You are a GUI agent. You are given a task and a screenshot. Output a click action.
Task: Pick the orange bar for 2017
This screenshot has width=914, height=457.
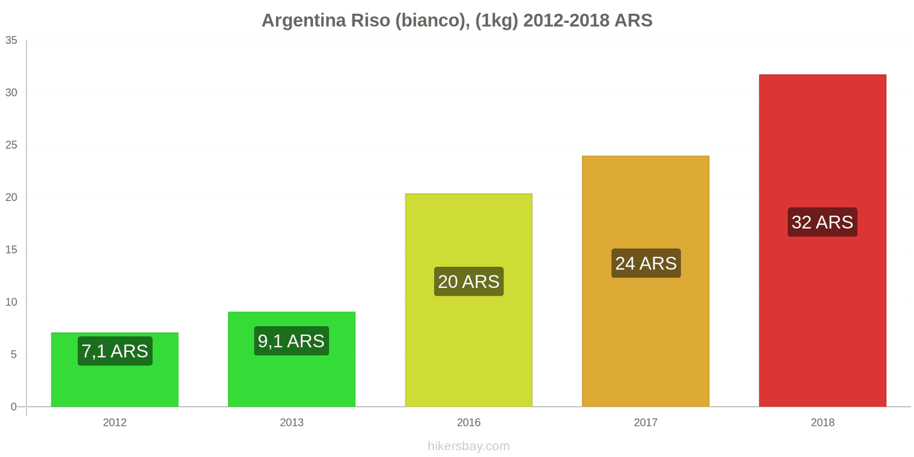[646, 331]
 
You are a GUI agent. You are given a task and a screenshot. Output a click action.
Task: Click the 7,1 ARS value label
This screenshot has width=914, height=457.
[115, 351]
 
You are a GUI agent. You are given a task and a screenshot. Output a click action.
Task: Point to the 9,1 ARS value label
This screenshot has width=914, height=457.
[291, 341]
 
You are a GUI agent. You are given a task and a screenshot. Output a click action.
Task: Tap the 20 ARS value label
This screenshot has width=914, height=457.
[468, 282]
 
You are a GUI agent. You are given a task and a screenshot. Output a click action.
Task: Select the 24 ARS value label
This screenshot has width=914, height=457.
[646, 263]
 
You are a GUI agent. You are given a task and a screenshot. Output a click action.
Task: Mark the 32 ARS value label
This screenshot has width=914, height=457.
[823, 222]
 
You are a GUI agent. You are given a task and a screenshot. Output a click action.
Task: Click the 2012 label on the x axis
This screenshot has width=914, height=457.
[115, 423]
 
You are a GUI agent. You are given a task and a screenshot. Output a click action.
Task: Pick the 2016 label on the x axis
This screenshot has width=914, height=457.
[468, 423]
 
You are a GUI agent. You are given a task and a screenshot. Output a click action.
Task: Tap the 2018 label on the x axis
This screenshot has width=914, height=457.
[823, 423]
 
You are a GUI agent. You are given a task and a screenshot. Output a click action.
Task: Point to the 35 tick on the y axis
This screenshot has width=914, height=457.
[11, 40]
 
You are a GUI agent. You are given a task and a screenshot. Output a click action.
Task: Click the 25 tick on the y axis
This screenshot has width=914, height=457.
[11, 145]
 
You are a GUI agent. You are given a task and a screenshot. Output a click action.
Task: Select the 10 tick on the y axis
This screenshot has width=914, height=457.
[11, 302]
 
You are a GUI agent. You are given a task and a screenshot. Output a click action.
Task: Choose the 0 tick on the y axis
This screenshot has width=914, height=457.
[14, 407]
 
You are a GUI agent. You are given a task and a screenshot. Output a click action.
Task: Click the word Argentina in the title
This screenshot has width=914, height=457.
[304, 21]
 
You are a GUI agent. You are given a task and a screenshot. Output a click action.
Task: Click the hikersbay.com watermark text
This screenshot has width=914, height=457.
[468, 446]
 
